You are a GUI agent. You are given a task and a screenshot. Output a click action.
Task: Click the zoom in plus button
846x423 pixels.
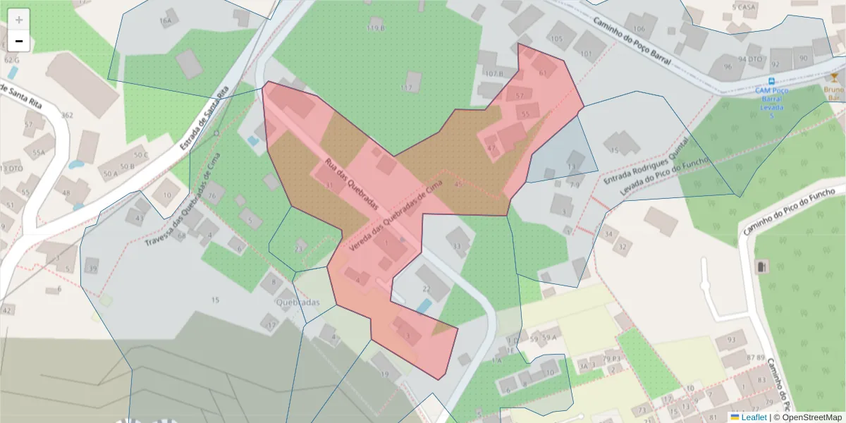19,19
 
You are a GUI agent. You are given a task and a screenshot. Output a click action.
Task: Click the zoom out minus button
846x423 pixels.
19,42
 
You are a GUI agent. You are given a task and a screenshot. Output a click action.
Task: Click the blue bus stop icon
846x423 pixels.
772,81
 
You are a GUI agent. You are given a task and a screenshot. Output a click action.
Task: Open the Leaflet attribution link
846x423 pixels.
754,417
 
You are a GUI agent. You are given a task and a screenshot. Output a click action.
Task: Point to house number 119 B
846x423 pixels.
376,27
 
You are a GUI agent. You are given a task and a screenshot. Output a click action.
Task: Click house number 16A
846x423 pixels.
166,21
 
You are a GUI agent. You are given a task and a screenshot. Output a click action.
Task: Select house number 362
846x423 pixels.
67,115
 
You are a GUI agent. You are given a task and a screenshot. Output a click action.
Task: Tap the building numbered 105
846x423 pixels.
557,39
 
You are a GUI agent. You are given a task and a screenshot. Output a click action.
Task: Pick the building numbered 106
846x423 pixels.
639,28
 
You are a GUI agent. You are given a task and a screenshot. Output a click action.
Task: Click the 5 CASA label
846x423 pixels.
744,7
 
